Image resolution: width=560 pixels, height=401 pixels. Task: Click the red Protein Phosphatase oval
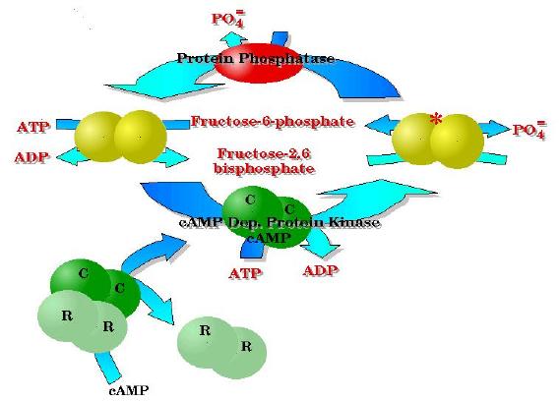(x=258, y=60)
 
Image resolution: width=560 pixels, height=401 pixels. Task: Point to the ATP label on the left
(x=32, y=128)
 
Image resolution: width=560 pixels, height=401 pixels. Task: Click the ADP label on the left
(x=31, y=157)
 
